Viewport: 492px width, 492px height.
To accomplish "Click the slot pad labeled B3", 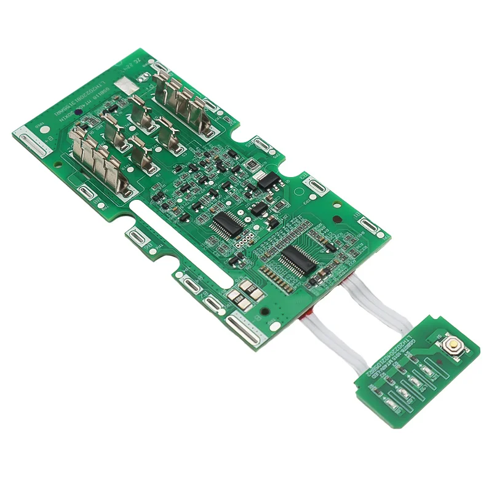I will (262, 144).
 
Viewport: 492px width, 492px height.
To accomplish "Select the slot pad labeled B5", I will (314, 183).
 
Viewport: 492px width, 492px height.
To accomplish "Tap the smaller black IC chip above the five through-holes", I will (225, 224).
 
